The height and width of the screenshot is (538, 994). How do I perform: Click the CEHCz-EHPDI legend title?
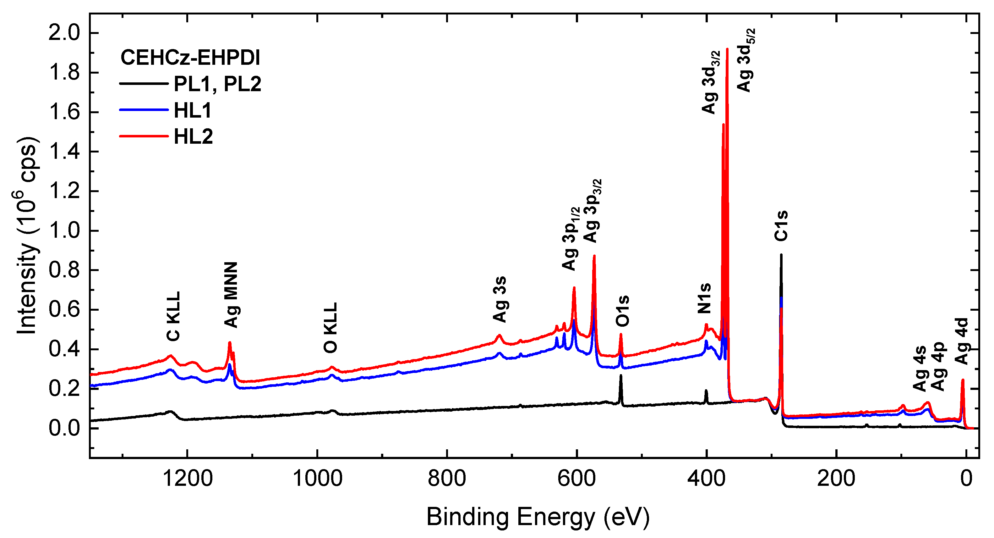tap(190, 58)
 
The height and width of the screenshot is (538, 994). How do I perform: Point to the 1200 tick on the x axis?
tap(188, 479)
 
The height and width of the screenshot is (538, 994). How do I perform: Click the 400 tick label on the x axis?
tap(706, 479)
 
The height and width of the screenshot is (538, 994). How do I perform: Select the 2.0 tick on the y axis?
tap(64, 33)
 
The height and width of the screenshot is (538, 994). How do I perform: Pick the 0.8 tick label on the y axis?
tap(64, 270)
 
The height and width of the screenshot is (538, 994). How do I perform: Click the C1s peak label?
tap(781, 226)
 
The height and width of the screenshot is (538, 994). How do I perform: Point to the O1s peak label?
tap(622, 311)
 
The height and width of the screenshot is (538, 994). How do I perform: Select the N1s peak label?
tap(704, 298)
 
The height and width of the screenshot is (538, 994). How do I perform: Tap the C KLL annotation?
tap(173, 316)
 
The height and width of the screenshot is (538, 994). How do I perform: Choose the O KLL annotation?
tap(331, 328)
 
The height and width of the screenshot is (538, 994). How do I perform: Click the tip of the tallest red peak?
tap(727, 49)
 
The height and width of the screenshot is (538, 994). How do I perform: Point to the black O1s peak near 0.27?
tap(621, 375)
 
